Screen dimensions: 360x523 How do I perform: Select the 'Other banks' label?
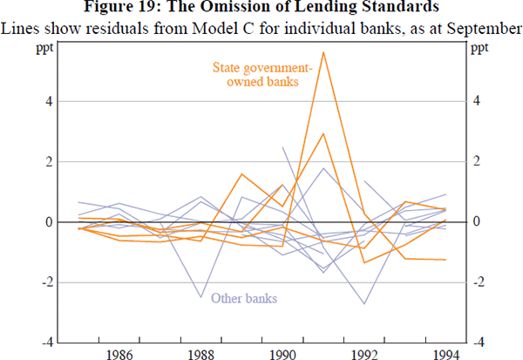pos(244,299)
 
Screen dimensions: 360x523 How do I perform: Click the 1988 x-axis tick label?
pos(200,354)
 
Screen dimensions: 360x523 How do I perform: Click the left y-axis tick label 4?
pos(50,101)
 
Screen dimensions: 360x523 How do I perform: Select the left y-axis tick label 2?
pos(50,162)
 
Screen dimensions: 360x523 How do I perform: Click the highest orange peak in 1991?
pos(323,52)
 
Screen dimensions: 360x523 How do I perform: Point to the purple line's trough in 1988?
pos(200,297)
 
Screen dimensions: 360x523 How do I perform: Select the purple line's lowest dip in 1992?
pos(364,303)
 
